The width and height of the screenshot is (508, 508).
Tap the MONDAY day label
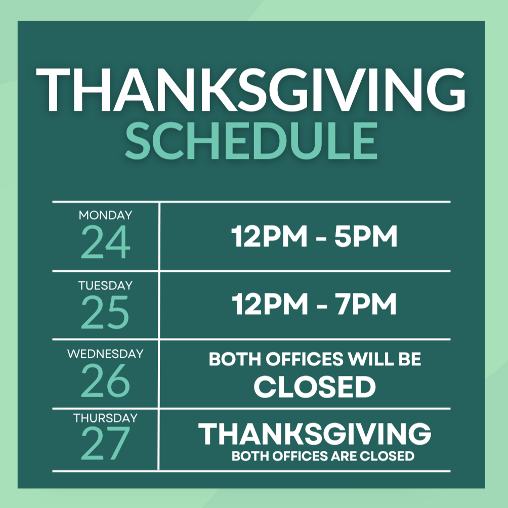point(105,215)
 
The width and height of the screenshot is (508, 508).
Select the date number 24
point(105,242)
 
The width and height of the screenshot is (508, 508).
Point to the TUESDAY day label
point(105,285)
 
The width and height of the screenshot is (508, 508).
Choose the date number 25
point(105,312)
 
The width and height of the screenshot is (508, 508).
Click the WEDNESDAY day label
point(105,354)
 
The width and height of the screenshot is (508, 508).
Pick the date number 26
point(105,381)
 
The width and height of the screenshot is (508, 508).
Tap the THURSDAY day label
point(105,418)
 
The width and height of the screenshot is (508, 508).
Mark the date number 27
point(105,444)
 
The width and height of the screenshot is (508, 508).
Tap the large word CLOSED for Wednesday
point(315,387)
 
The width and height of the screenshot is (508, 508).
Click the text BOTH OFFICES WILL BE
point(315,360)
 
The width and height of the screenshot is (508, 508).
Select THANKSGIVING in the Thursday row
point(315,434)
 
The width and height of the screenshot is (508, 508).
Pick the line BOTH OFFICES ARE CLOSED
point(323,456)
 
